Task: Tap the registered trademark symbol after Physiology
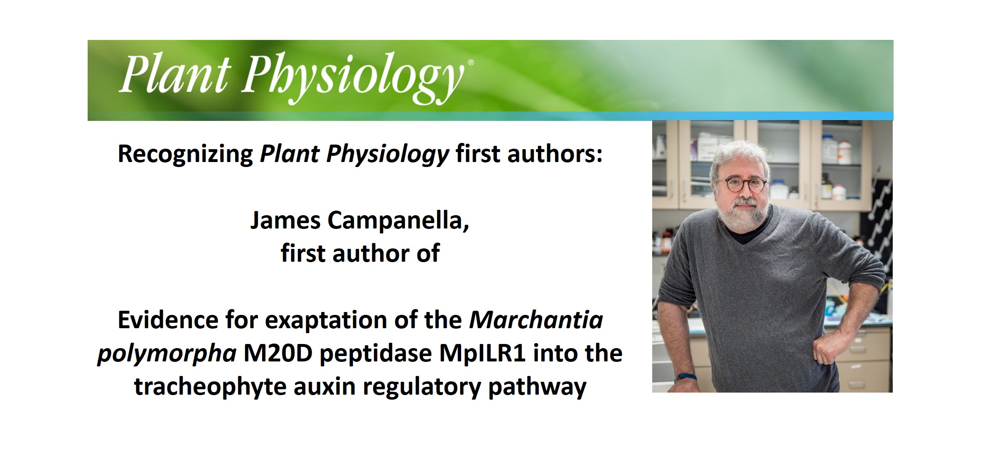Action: click(470, 63)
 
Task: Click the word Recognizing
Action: click(185, 154)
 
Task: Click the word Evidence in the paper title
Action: click(167, 320)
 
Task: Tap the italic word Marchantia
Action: click(536, 320)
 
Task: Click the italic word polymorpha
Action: click(167, 354)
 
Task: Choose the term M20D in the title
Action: click(277, 354)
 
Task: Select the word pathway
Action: click(537, 387)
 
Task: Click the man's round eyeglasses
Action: click(742, 184)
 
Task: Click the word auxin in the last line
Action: click(324, 387)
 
